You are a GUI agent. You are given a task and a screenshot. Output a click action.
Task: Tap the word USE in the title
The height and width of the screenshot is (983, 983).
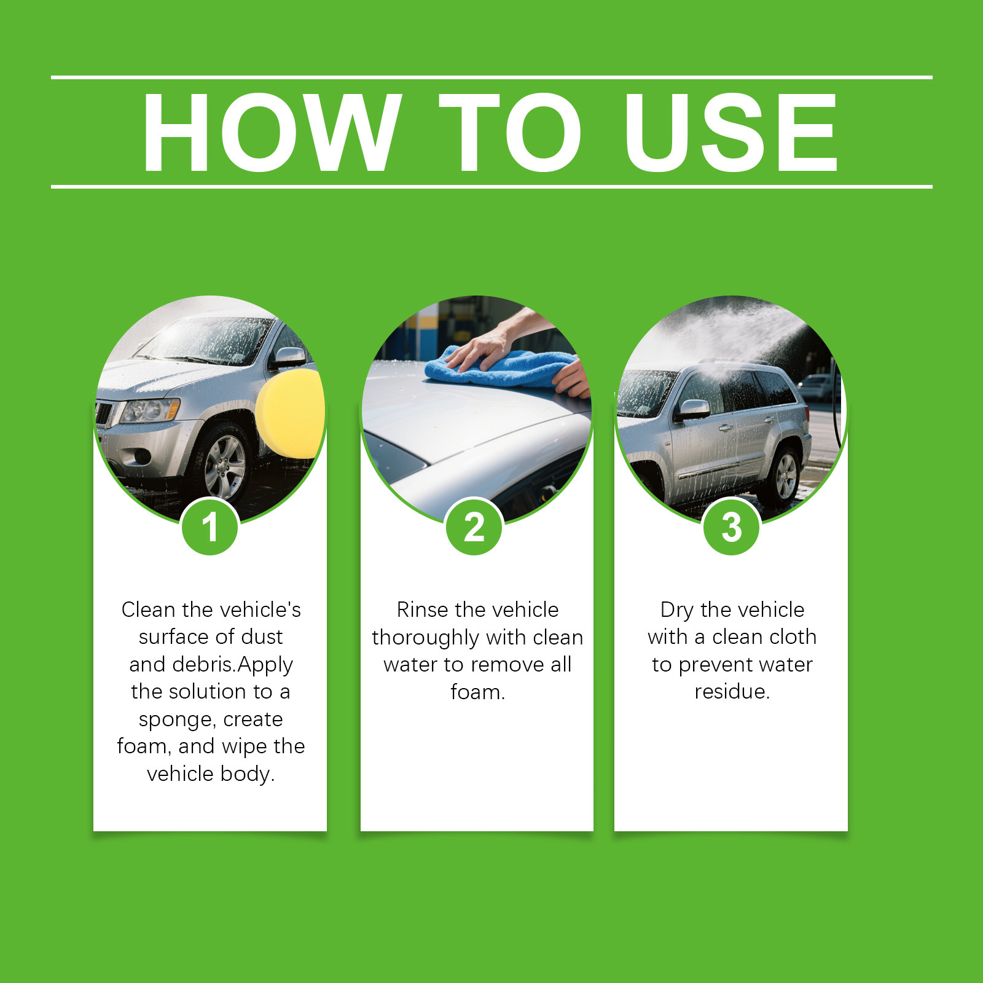(x=730, y=132)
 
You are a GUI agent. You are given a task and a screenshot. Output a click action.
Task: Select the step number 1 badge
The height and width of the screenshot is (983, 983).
(x=210, y=527)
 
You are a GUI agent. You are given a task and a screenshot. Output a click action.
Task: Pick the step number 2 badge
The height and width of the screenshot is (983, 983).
(x=474, y=527)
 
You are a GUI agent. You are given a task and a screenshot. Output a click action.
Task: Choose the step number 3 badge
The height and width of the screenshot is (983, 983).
(x=731, y=527)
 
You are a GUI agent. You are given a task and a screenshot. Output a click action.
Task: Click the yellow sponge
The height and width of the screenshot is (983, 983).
(x=291, y=413)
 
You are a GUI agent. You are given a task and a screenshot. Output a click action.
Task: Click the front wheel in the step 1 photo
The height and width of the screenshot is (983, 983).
(x=224, y=467)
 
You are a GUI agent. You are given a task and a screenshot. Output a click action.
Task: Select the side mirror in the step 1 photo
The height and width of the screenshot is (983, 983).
(x=289, y=357)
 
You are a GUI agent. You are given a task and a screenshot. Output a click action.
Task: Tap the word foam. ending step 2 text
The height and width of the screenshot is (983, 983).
(x=477, y=692)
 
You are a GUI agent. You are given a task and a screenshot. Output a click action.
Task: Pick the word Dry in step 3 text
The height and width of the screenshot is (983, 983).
(x=676, y=611)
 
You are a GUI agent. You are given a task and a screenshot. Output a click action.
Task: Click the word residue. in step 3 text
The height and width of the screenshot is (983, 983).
(x=732, y=692)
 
